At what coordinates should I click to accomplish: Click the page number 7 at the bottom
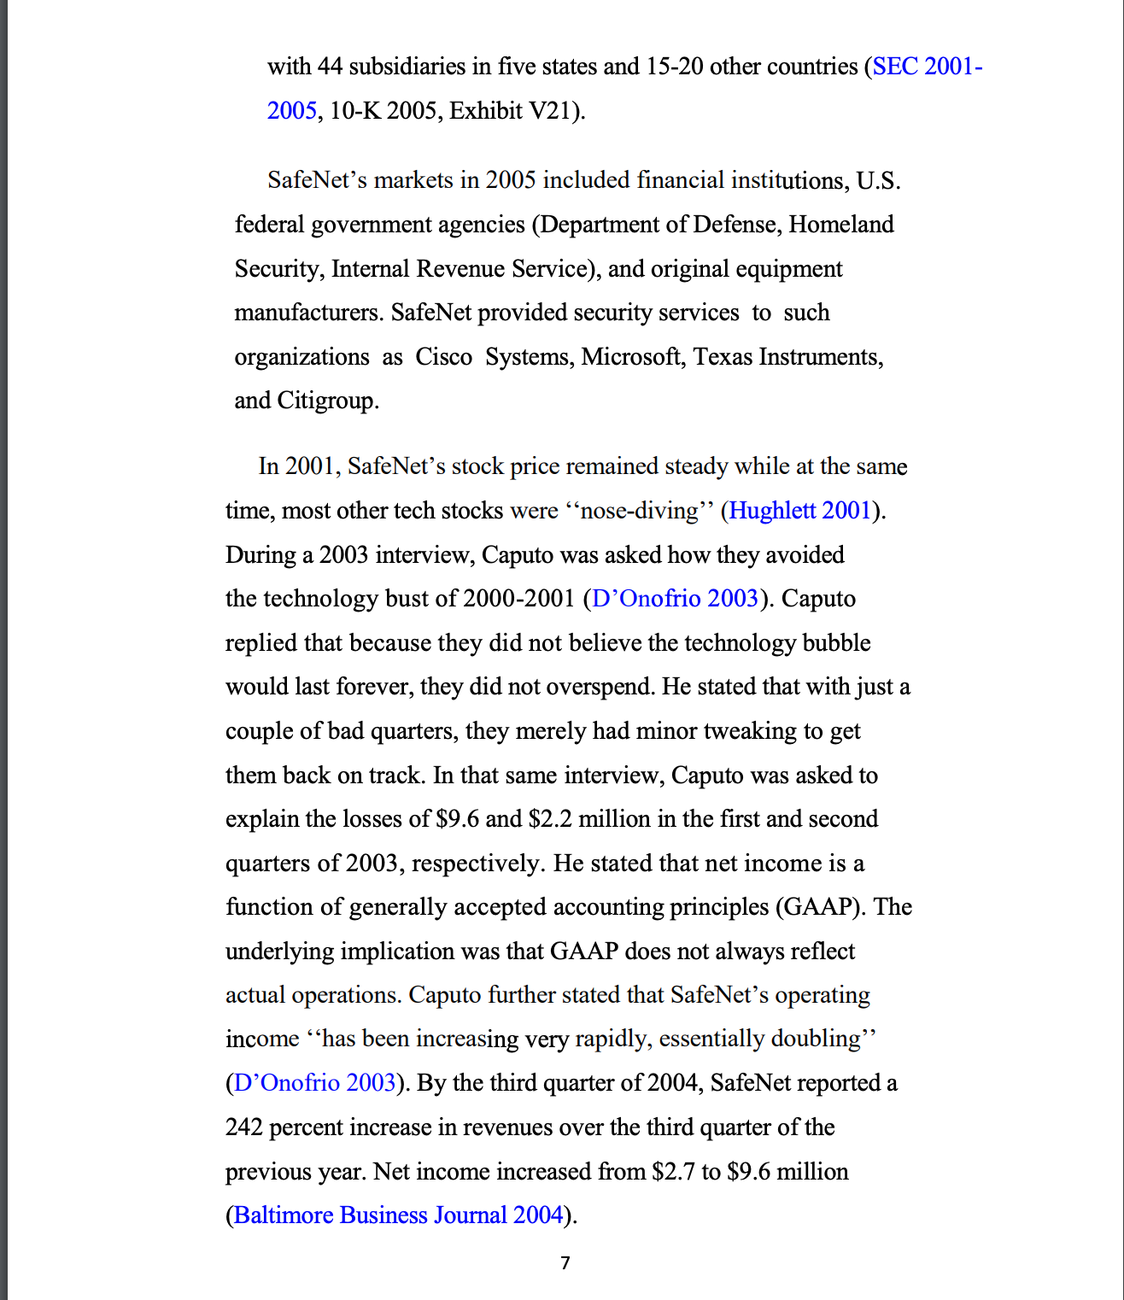(565, 1262)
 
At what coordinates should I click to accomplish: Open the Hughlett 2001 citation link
(799, 511)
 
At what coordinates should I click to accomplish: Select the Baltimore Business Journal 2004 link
(399, 1215)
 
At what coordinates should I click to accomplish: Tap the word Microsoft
(632, 356)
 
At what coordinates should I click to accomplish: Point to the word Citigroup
(327, 401)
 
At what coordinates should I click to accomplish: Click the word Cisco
(443, 356)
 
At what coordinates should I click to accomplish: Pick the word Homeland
(840, 225)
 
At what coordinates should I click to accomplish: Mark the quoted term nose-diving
(639, 511)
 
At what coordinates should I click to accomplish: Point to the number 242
(243, 1127)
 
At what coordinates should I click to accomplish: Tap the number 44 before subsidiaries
(330, 67)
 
